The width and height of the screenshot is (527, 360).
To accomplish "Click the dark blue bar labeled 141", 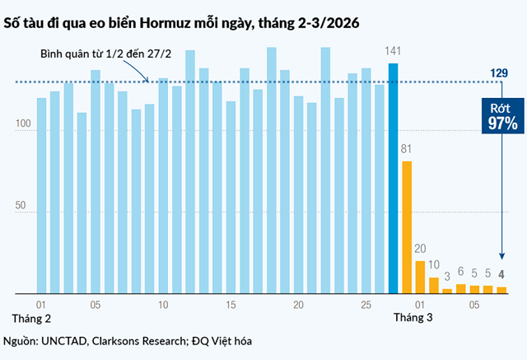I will tap(394, 177).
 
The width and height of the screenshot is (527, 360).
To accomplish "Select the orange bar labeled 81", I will tap(407, 227).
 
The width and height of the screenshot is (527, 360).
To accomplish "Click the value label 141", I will tap(394, 52).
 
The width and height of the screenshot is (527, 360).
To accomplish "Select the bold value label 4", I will tap(501, 274).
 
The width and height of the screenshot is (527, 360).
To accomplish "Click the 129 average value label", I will tap(498, 74).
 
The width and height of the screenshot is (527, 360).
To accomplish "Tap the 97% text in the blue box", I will tap(501, 124).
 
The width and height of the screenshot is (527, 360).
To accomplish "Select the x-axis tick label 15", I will tap(231, 305).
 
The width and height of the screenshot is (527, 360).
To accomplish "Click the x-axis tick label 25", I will tap(366, 305).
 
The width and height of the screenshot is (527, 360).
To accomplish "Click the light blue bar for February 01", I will tap(41, 195).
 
